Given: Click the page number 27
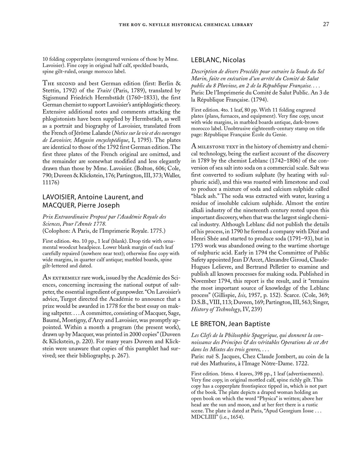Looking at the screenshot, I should pyautogui.click(x=326, y=24).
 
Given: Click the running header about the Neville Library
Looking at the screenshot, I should pyautogui.click(x=186, y=25).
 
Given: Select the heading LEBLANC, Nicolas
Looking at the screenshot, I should pyautogui.click(x=218, y=60).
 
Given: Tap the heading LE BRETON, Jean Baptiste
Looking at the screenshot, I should pyautogui.click(x=230, y=324).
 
